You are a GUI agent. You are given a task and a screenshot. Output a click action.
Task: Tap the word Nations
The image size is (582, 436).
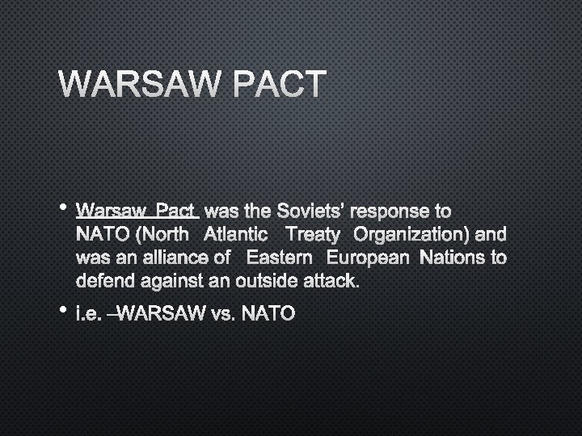[457, 258]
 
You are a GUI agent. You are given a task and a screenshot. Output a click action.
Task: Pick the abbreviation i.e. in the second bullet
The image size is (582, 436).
[88, 312]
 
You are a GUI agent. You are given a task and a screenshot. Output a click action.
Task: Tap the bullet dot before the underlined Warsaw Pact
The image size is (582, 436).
[62, 208]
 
